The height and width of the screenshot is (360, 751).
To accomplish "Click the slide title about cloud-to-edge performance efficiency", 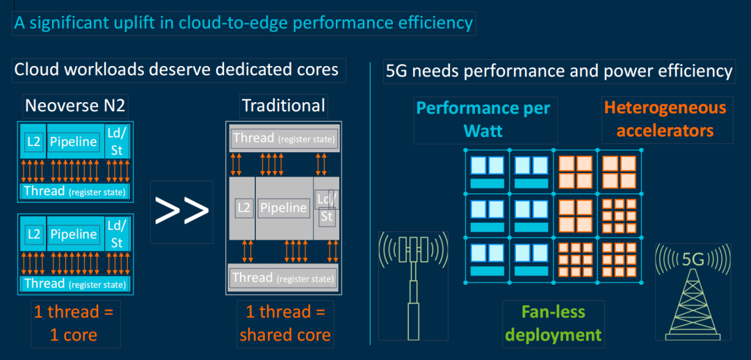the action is (244, 24).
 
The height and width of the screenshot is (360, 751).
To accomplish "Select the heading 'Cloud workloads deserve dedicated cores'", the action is (177, 69).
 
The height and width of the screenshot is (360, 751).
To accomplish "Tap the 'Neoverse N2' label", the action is (75, 106).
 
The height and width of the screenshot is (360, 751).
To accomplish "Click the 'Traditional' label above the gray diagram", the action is (284, 106).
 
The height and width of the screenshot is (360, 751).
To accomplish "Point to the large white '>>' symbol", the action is (181, 211).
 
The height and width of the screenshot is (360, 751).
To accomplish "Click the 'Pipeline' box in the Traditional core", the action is (282, 208).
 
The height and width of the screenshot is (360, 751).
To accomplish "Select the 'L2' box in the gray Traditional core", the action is (244, 208).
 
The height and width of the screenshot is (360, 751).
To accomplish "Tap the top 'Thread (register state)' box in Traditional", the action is (284, 139).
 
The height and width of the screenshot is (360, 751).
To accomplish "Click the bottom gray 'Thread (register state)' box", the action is (284, 277).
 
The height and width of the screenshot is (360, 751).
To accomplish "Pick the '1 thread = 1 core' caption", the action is (74, 324).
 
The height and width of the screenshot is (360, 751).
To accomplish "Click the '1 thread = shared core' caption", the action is (285, 324).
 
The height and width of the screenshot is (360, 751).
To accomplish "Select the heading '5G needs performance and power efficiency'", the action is (559, 72).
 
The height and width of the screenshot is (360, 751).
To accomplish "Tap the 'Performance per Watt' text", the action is (485, 120).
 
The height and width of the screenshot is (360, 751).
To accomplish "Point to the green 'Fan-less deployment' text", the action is (554, 324).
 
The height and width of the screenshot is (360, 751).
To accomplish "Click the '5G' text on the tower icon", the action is (693, 259).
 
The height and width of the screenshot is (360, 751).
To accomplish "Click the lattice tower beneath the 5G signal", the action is (692, 304).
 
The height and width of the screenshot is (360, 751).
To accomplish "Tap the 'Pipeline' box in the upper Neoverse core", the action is (74, 141).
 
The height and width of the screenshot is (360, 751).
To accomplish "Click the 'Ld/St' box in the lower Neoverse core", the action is (117, 234).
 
